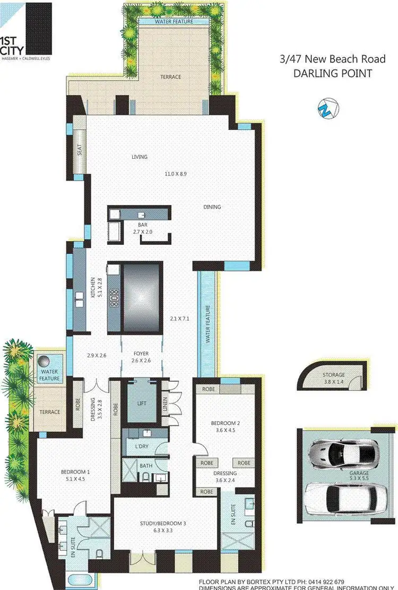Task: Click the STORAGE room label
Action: point(334,375)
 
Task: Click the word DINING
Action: point(212,207)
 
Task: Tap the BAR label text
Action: point(143,225)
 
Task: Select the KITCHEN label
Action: point(92,287)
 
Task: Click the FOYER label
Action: point(142,353)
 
